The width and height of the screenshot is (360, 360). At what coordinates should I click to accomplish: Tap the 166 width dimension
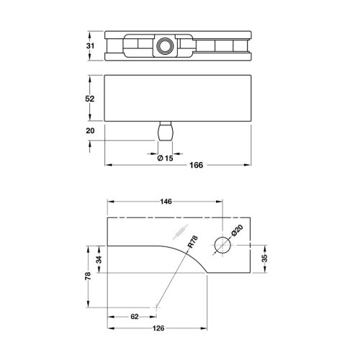tap(196, 165)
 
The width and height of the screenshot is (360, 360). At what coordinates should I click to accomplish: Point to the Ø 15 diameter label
tap(165, 158)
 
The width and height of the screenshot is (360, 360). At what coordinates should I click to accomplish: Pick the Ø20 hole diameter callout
tap(237, 234)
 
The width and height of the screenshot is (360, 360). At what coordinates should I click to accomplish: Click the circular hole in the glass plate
tap(222, 246)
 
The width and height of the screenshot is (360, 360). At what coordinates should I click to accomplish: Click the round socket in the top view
tap(163, 47)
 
